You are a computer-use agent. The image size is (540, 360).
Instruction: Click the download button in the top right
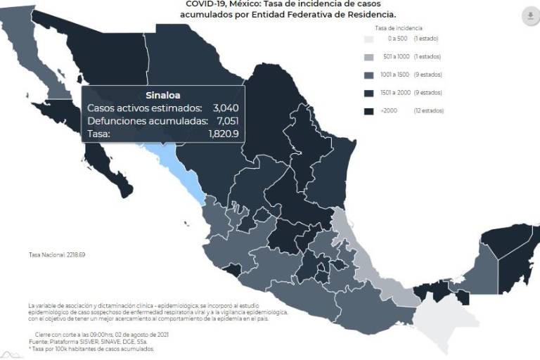pos(529,16)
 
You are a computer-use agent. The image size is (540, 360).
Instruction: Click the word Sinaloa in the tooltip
pos(163,95)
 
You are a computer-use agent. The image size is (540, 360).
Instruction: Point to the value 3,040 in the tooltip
pos(224,108)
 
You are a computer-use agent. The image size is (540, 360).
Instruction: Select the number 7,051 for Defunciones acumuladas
pos(224,121)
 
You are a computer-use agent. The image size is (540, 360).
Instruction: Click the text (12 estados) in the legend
pos(429,110)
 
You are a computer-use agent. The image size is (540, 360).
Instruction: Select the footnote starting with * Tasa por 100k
pos(91,349)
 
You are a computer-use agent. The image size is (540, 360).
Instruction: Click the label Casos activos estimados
pos(144,108)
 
